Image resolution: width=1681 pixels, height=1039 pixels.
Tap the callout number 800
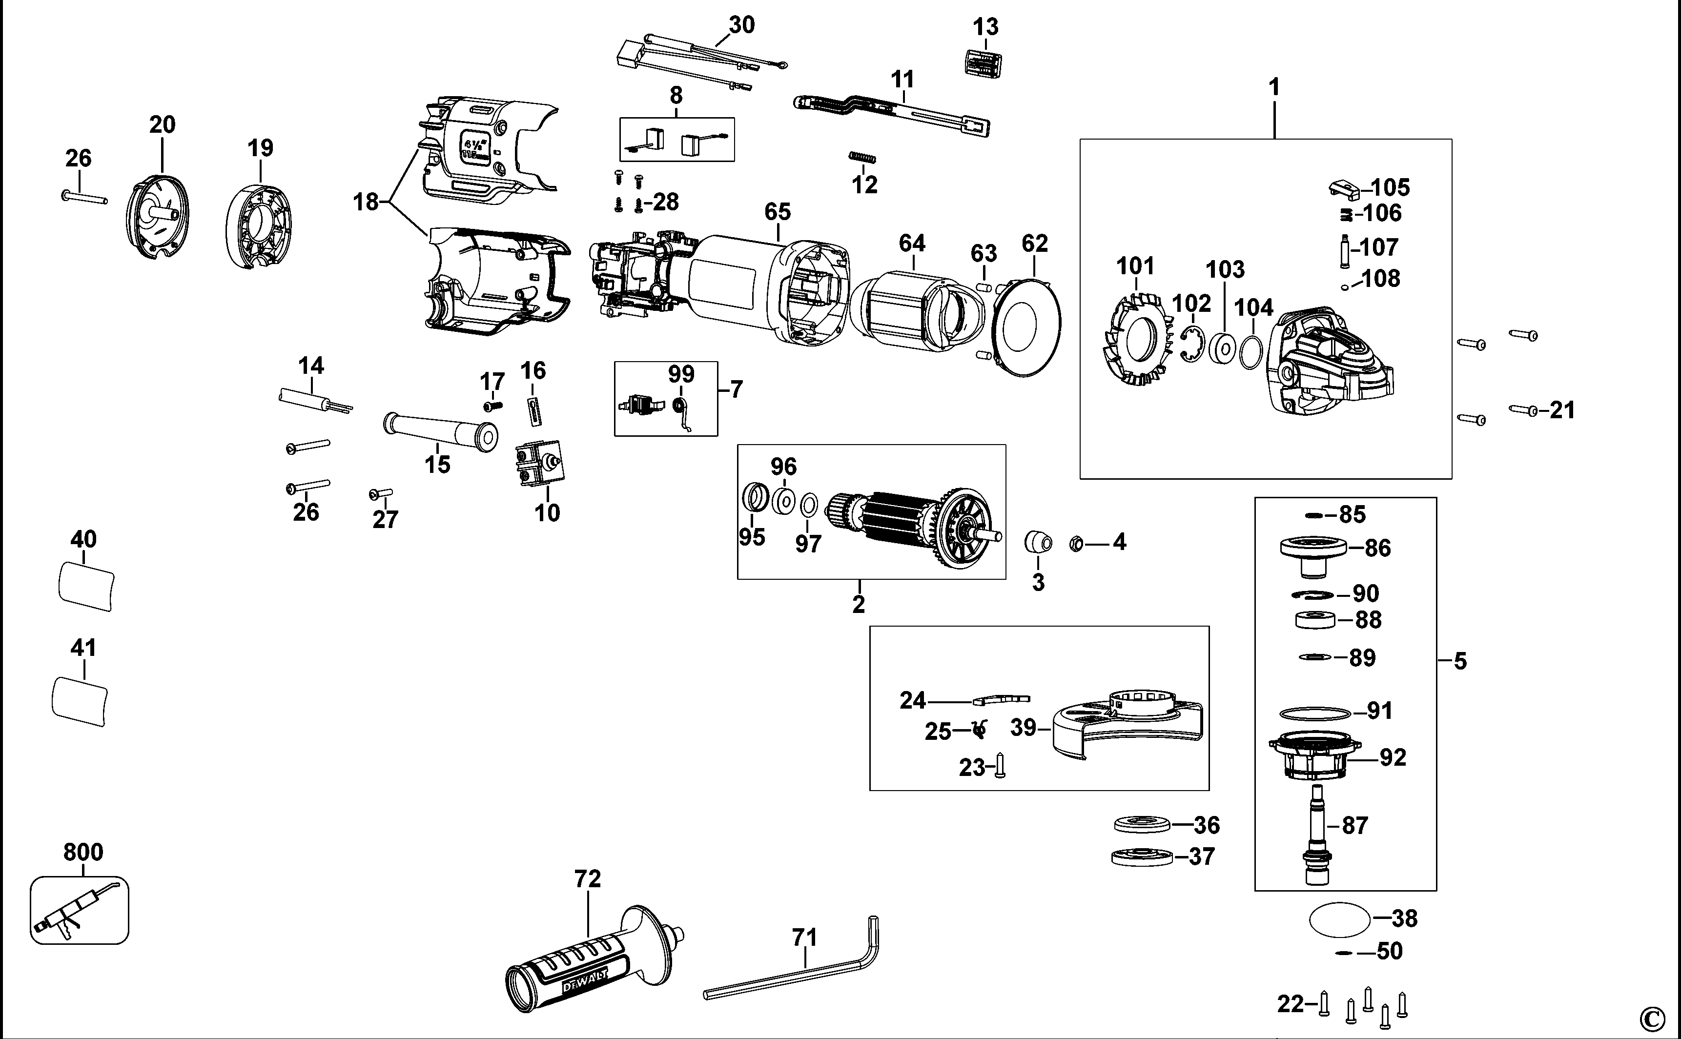[82, 852]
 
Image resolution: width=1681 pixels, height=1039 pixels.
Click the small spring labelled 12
[862, 159]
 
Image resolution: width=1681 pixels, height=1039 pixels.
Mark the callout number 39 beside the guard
[1024, 728]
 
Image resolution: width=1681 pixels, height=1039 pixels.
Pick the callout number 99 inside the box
[681, 374]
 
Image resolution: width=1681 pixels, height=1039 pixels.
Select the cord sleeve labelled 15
[440, 429]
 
